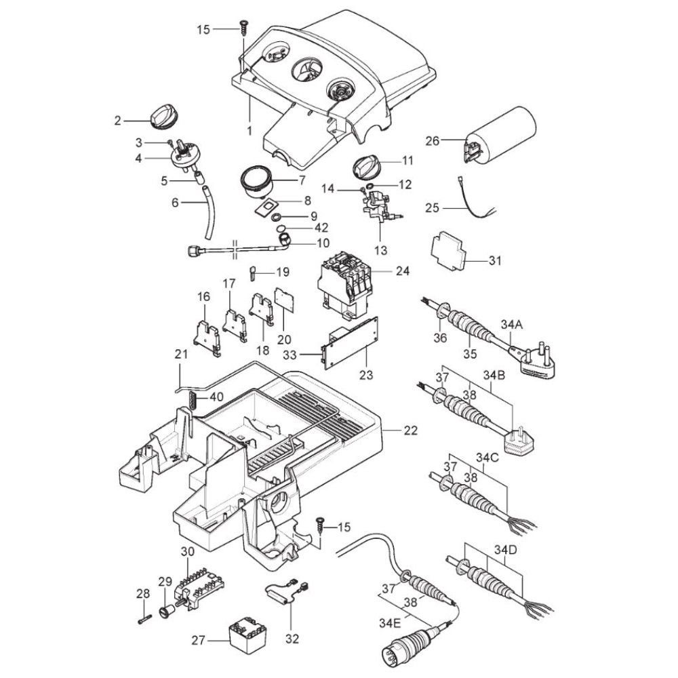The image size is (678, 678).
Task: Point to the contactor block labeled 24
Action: (344, 285)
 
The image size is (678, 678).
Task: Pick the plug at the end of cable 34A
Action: (532, 362)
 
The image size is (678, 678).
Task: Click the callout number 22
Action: (410, 431)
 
